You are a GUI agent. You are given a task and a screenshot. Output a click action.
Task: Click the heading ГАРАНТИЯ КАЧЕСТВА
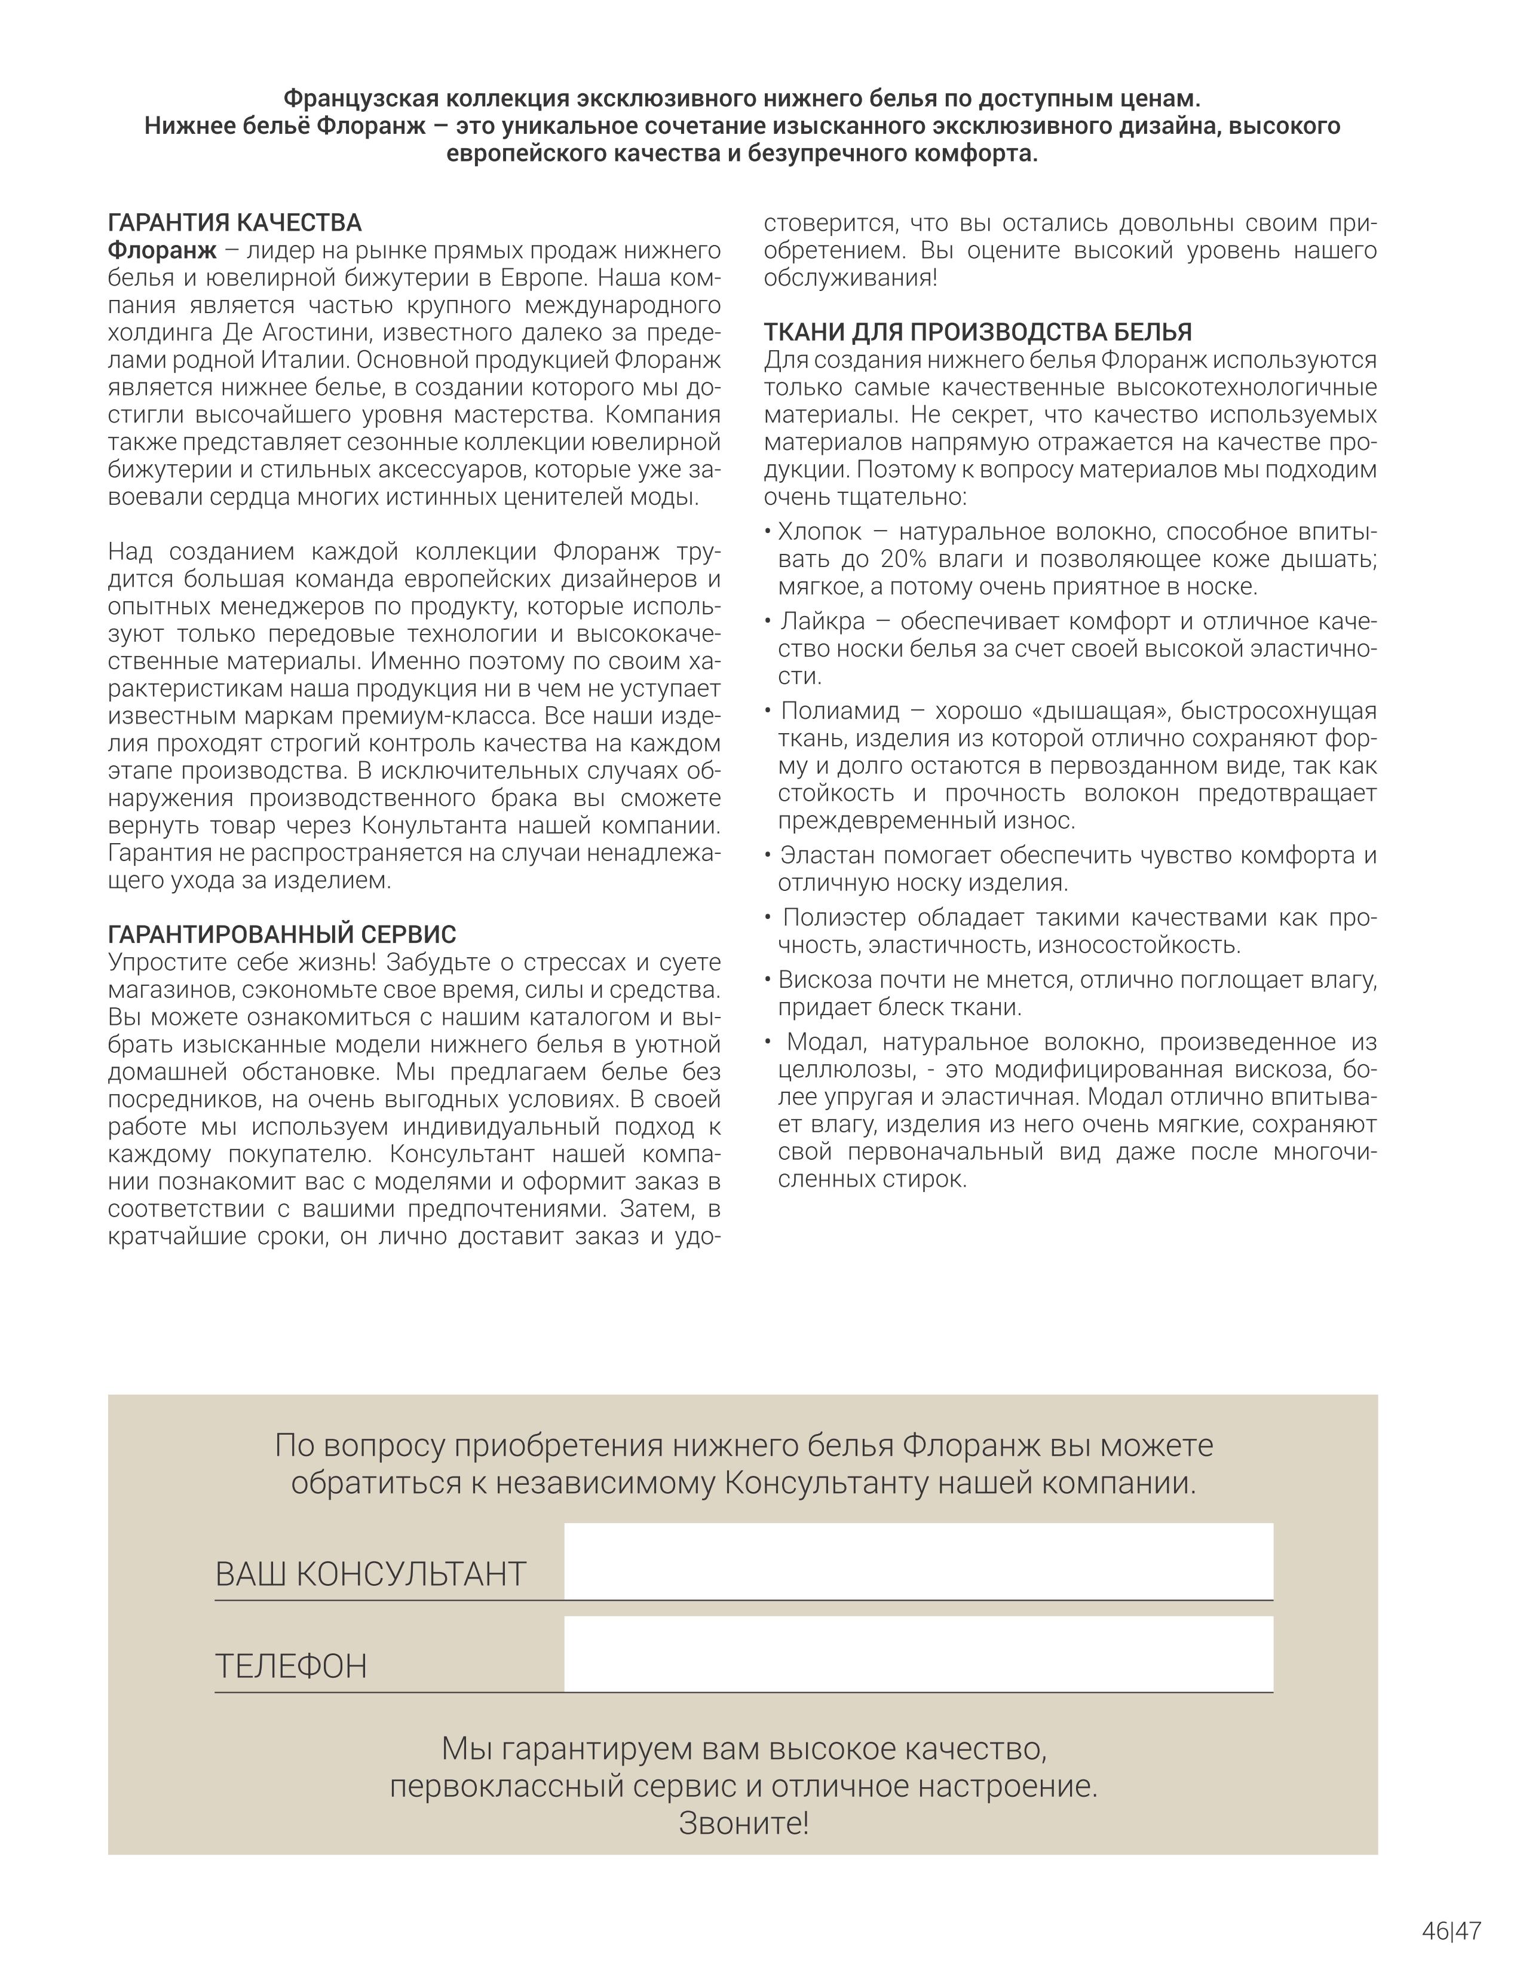point(235,222)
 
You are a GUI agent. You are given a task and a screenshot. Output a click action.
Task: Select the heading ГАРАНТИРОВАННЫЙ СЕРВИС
point(282,934)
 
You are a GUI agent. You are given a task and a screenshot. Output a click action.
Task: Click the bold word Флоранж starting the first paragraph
point(162,250)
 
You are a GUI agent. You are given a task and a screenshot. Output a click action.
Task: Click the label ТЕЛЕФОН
point(291,1666)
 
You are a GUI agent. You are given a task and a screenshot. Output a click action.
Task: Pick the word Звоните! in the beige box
point(743,1824)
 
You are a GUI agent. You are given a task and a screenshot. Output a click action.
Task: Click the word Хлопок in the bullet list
point(820,531)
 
